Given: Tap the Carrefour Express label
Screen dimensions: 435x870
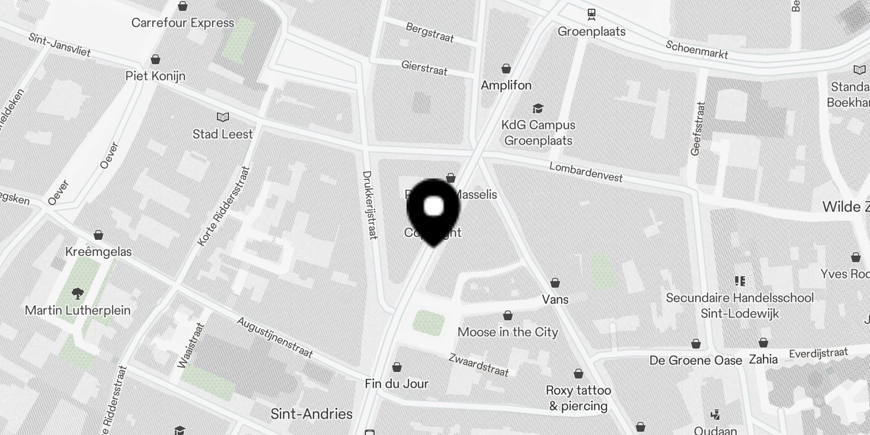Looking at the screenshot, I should point(183,23).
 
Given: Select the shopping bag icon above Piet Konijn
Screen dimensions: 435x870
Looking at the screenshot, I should point(156,59).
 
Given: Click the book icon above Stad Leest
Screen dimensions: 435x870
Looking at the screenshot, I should point(223,117).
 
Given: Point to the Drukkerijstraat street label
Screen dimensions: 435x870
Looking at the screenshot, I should point(370,205).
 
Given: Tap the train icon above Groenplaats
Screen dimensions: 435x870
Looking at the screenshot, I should point(591,14).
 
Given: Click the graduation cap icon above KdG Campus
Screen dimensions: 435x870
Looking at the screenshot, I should point(538,109).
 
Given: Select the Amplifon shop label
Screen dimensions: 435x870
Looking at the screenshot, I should point(506,85).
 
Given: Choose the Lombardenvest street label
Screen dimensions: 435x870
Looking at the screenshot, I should point(586,172).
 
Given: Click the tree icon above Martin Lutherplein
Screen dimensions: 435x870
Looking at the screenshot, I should point(78,294).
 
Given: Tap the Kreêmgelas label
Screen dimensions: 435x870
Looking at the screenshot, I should point(98,252).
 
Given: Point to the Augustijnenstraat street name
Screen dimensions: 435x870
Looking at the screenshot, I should point(275,338).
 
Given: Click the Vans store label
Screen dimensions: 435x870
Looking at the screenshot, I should point(555,299).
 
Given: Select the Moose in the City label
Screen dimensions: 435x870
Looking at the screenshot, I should point(508,332).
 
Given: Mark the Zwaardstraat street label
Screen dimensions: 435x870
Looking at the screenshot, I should point(478,365).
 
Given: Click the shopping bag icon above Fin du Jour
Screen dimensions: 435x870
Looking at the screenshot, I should point(397,367).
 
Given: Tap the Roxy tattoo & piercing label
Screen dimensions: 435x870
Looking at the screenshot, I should point(579,398).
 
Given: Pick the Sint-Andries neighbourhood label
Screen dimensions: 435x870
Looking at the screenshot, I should point(312,414).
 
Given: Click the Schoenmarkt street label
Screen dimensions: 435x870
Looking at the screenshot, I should point(697,50).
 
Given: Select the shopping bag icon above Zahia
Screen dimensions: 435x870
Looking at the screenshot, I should point(763,343).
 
